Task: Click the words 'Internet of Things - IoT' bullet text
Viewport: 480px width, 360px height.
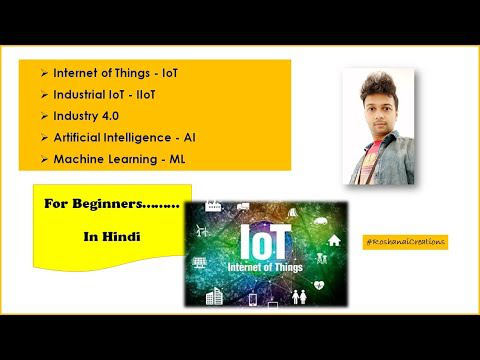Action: pyautogui.click(x=116, y=73)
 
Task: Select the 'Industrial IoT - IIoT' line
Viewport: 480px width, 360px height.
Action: pyautogui.click(x=104, y=95)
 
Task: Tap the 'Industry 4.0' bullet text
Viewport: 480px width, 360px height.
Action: pyautogui.click(x=86, y=116)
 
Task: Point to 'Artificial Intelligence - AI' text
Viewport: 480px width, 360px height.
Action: pyautogui.click(x=125, y=137)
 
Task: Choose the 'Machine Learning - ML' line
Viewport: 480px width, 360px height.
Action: pyautogui.click(x=119, y=159)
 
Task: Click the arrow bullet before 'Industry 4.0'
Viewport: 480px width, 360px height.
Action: pyautogui.click(x=44, y=116)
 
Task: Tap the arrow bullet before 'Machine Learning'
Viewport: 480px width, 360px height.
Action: pyautogui.click(x=44, y=159)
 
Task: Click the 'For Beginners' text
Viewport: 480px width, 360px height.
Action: pyautogui.click(x=112, y=204)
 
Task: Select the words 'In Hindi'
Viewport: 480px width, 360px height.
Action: pyautogui.click(x=112, y=237)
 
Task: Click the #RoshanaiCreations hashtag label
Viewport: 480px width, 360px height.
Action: pyautogui.click(x=405, y=242)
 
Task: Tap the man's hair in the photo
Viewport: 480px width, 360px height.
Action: pyautogui.click(x=378, y=86)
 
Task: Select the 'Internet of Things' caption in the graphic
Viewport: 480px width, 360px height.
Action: pyautogui.click(x=265, y=267)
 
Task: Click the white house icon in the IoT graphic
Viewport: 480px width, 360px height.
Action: pyautogui.click(x=334, y=240)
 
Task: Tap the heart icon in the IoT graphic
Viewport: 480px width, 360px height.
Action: pyautogui.click(x=319, y=285)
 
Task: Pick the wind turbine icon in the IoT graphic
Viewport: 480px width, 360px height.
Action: pyautogui.click(x=203, y=230)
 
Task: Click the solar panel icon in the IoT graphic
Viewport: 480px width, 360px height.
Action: pyautogui.click(x=199, y=263)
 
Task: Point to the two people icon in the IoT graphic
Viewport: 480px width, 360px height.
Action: pyautogui.click(x=299, y=297)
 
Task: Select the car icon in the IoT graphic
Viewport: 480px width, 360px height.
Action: pyautogui.click(x=320, y=221)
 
